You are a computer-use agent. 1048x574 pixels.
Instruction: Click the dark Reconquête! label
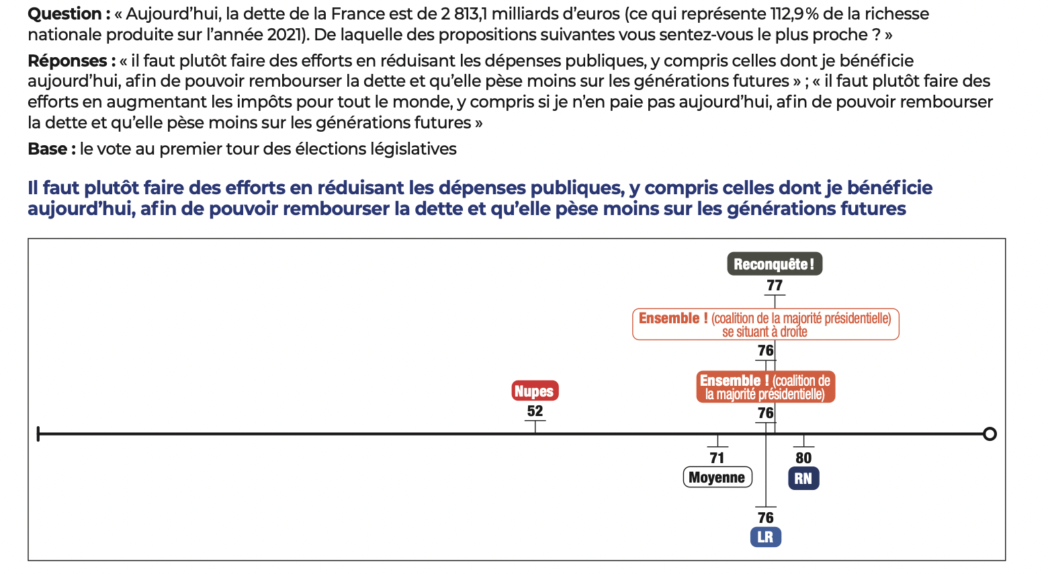[x=774, y=264]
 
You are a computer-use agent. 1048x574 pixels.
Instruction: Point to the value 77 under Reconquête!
[x=775, y=286]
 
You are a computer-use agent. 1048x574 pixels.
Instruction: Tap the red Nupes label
[x=534, y=391]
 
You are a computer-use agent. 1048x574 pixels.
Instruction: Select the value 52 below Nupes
[x=535, y=411]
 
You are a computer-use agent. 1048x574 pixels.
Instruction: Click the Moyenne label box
[x=717, y=477]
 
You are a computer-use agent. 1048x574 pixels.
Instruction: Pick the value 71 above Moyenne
[x=717, y=458]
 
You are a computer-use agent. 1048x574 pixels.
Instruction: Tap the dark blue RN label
[x=803, y=479]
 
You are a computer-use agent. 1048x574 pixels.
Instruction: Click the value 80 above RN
[x=803, y=458]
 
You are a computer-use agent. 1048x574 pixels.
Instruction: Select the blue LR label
[x=765, y=537]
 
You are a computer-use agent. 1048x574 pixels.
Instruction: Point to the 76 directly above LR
[x=766, y=518]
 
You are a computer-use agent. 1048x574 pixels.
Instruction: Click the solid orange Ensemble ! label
[x=765, y=387]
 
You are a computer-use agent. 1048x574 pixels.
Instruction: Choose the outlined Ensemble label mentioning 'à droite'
[x=765, y=324]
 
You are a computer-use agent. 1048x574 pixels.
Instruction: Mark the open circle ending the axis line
[x=989, y=434]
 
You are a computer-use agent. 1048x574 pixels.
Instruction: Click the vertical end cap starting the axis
[x=38, y=434]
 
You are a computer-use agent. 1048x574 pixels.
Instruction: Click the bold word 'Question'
[x=65, y=14]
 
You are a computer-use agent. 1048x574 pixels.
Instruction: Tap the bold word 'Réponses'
[x=67, y=61]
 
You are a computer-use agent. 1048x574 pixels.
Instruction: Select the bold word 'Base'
[x=46, y=149]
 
